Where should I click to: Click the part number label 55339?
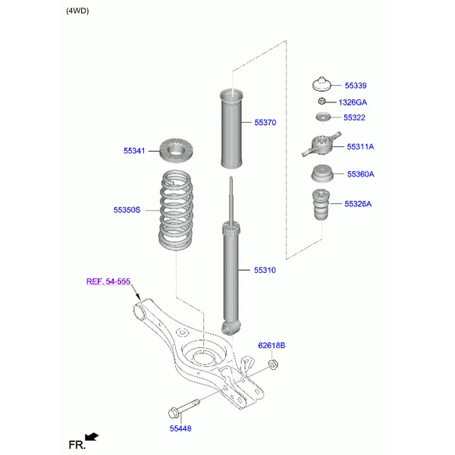pos(356,86)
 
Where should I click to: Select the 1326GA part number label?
pos(352,102)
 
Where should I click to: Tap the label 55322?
pos(354,118)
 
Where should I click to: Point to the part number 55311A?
pos(360,146)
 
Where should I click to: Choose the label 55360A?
pos(360,174)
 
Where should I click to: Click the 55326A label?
pos(358,203)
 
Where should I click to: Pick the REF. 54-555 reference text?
pos(108,281)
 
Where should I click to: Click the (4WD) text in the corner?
pos(77,11)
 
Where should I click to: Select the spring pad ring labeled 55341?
pos(177,152)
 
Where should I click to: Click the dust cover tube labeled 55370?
pos(231,129)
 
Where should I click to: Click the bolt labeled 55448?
pos(181,411)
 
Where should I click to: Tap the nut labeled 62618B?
pos(273,367)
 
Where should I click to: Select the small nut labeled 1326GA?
pos(322,101)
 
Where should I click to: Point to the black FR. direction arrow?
pos(93,437)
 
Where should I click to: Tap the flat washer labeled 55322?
pos(323,117)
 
